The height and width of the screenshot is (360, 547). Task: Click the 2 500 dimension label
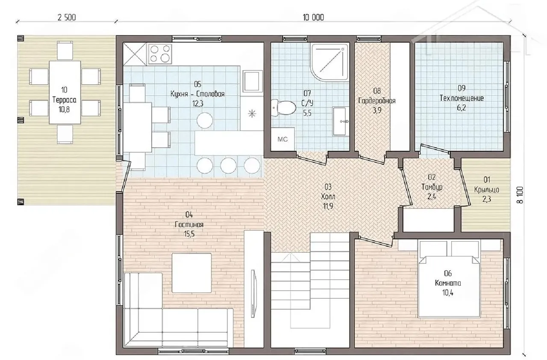[x=67, y=18]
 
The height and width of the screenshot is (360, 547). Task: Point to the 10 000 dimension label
[x=313, y=18]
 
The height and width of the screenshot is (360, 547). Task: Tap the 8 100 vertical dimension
[x=520, y=195]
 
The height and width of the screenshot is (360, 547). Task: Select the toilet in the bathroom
[x=283, y=107]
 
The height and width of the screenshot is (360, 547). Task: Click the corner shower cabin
[x=329, y=62]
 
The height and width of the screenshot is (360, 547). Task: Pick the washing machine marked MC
[x=282, y=139]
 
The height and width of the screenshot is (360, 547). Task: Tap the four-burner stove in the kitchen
[x=160, y=54]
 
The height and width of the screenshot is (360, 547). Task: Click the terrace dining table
[x=65, y=92]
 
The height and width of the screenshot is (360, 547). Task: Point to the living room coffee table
[x=192, y=273]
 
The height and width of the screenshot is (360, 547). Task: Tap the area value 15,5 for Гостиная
[x=189, y=234]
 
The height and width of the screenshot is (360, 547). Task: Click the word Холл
[x=328, y=197]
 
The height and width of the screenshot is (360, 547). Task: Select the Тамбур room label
[x=432, y=187]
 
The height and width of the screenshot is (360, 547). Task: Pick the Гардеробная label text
[x=377, y=101]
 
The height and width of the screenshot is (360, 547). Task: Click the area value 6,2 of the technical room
[x=461, y=108]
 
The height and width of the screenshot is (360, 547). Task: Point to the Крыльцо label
[x=486, y=190]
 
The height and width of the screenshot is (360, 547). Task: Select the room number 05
[x=197, y=84]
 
